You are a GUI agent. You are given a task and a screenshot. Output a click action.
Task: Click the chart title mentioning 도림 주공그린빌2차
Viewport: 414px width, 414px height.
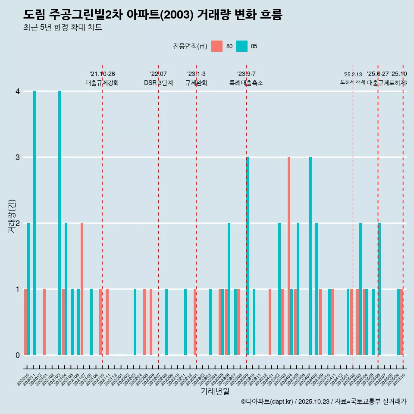pyautogui.click(x=153, y=15)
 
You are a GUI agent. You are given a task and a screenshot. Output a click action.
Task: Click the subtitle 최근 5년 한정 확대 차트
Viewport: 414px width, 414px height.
pyautogui.click(x=63, y=28)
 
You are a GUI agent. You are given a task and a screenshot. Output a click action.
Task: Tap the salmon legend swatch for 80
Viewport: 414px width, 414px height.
pyautogui.click(x=217, y=46)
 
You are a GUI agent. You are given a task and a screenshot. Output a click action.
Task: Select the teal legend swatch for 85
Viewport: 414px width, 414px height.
pyautogui.click(x=242, y=46)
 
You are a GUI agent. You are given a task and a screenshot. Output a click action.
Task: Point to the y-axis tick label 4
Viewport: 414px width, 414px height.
pyautogui.click(x=18, y=91)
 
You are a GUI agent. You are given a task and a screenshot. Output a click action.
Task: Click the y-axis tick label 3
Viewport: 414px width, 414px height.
pyautogui.click(x=18, y=157)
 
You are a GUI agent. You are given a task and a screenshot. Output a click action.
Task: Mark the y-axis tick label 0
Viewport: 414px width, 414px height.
pyautogui.click(x=18, y=355)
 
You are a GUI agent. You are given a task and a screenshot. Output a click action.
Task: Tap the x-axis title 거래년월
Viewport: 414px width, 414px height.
pyautogui.click(x=215, y=391)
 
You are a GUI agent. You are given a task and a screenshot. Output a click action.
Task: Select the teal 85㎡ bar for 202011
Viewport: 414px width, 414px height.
pyautogui.click(x=35, y=223)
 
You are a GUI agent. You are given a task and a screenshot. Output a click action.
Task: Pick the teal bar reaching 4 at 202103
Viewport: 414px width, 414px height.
pyautogui.click(x=60, y=223)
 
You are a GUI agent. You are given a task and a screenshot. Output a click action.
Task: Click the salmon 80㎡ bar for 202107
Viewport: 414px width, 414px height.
pyautogui.click(x=82, y=289)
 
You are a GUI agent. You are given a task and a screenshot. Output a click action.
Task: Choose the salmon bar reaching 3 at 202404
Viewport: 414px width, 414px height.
pyautogui.click(x=289, y=256)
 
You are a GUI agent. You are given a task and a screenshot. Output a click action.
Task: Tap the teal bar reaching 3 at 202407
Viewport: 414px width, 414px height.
pyautogui.click(x=310, y=256)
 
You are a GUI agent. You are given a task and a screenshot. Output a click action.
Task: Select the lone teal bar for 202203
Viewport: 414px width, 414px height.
pyautogui.click(x=135, y=322)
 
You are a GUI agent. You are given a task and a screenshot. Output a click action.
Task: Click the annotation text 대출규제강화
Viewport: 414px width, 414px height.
pyautogui.click(x=102, y=83)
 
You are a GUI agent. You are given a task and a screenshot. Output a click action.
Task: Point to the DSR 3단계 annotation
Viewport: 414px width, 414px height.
pyautogui.click(x=159, y=83)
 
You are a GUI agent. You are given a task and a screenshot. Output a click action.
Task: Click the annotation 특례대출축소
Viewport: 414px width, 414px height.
pyautogui.click(x=246, y=83)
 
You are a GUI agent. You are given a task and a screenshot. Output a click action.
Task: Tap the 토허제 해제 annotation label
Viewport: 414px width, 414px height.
pyautogui.click(x=353, y=82)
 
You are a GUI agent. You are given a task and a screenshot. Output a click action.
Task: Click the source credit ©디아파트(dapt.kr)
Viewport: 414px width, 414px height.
pyautogui.click(x=267, y=401)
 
